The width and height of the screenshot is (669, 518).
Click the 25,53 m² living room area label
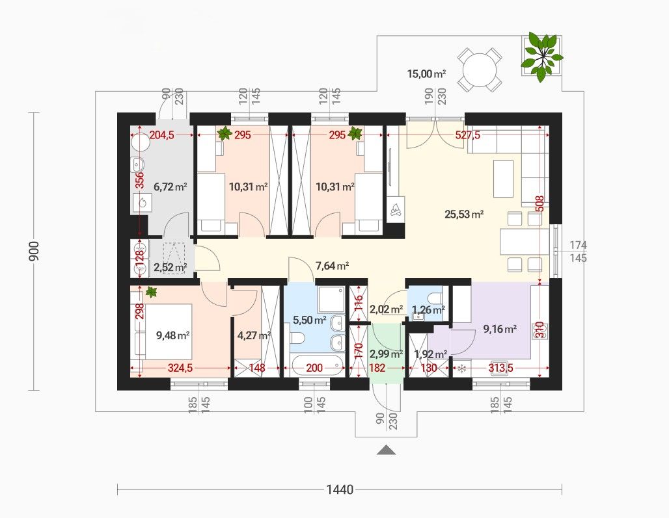click(464, 214)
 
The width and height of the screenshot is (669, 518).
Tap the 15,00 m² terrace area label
click(426, 74)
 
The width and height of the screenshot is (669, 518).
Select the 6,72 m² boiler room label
click(171, 187)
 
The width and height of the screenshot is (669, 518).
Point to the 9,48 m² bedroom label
click(173, 335)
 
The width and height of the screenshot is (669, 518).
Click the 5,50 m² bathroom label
click(310, 320)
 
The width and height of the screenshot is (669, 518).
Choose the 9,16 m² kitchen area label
click(500, 329)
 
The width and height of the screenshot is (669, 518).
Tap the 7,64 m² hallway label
click(332, 266)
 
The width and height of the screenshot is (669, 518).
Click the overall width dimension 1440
click(340, 489)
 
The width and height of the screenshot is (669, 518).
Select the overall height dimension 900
click(34, 252)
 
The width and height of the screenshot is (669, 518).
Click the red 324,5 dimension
click(180, 368)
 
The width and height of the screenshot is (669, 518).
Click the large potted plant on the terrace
click(541, 57)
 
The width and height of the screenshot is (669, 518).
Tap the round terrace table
click(480, 70)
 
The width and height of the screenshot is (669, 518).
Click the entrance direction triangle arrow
click(386, 450)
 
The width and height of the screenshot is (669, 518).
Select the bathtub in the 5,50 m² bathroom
click(318, 366)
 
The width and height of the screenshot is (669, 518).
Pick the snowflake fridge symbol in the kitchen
click(461, 369)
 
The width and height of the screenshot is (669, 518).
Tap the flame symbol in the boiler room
click(142, 203)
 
